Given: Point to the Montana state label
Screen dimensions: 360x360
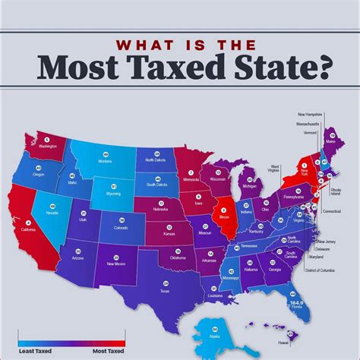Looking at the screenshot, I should tap(105, 161).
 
